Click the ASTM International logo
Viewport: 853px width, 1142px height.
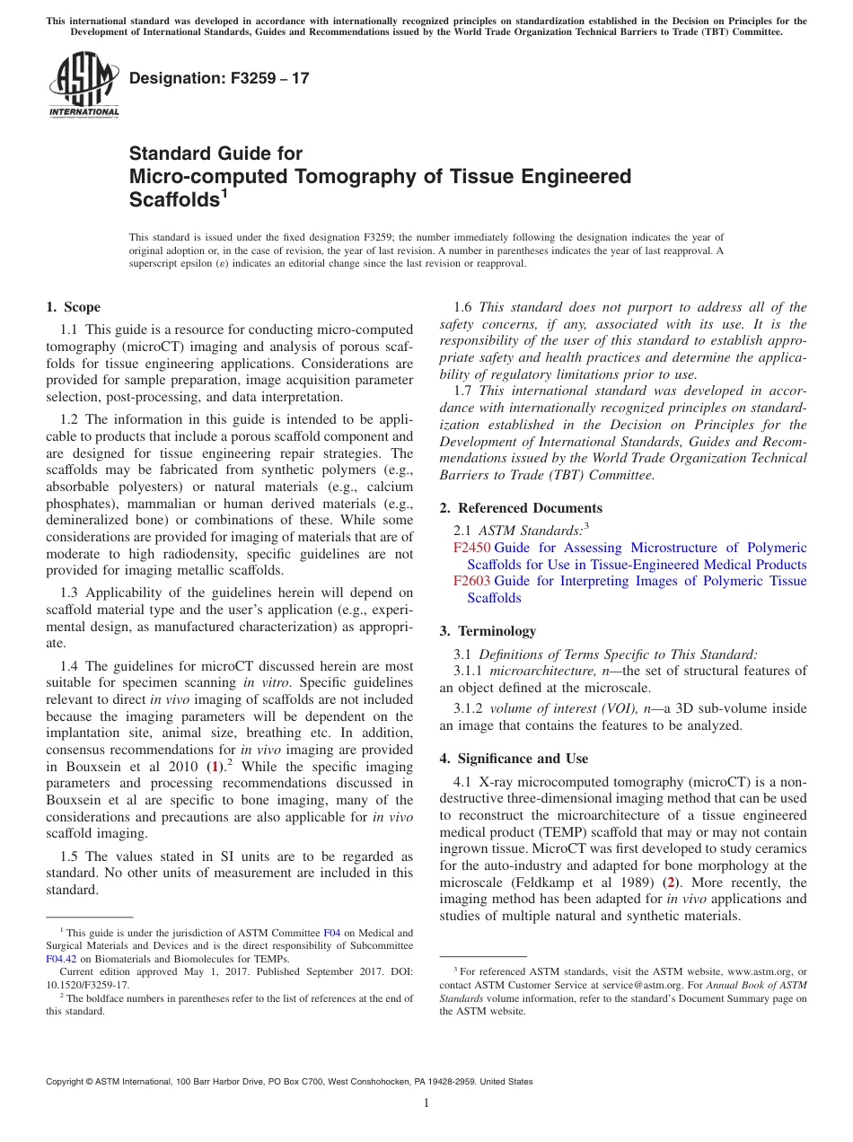pos(84,85)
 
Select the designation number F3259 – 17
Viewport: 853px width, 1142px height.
pos(219,78)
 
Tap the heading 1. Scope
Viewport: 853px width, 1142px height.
pos(73,307)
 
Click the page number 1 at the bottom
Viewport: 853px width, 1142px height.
pos(426,1103)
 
